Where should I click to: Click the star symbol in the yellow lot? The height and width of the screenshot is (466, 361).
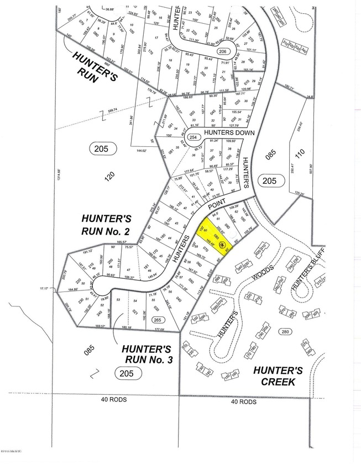(221, 245)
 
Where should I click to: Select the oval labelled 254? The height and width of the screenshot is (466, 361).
(192, 137)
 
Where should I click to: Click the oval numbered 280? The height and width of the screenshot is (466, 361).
(285, 331)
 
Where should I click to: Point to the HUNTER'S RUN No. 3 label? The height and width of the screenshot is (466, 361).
(147, 354)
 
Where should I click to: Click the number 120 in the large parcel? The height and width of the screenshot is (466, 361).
(109, 176)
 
